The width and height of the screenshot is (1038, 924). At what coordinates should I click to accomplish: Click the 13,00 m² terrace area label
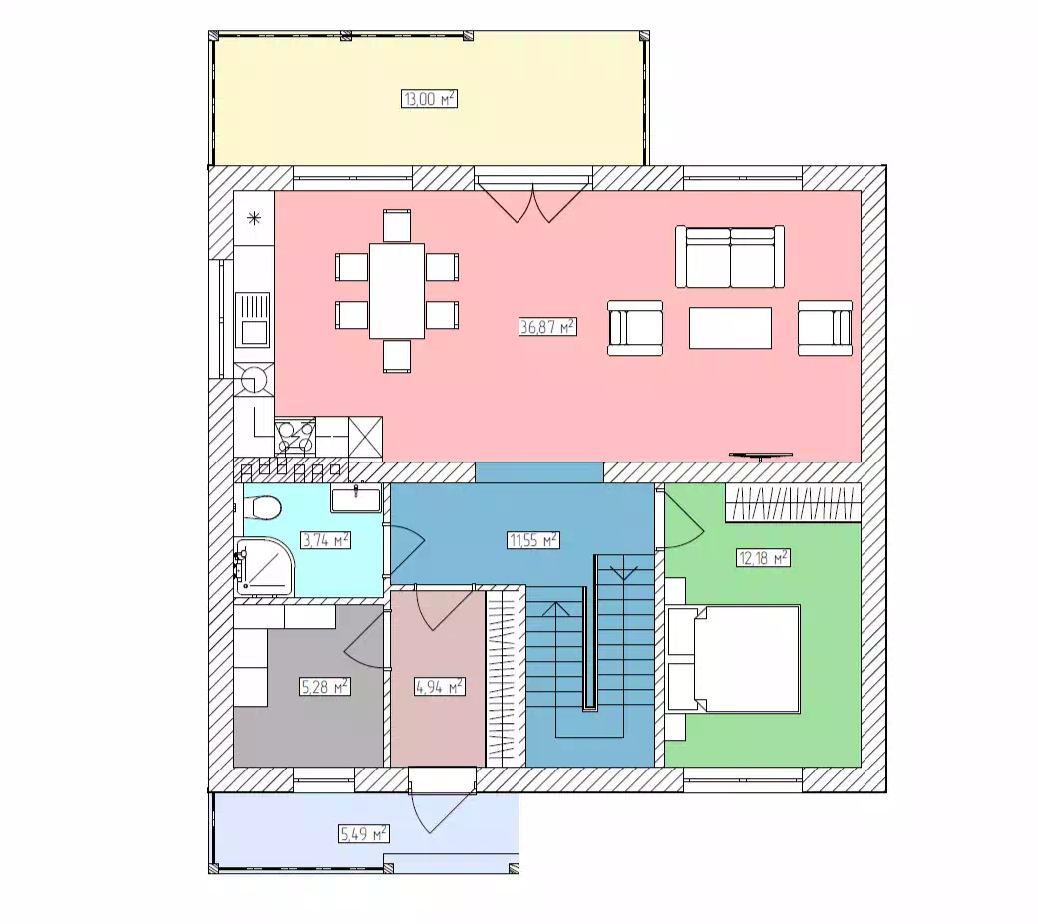pos(429,99)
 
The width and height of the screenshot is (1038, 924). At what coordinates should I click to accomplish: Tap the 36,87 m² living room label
pos(547,326)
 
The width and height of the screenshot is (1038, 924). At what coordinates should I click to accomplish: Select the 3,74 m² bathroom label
pos(325,540)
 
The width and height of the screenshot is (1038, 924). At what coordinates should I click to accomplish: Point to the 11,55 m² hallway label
pos(533,540)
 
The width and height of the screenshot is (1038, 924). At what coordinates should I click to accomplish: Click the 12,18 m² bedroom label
pos(763,557)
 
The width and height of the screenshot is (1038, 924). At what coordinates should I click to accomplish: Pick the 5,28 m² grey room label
pos(324,687)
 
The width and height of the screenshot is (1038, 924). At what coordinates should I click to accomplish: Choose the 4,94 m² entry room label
pos(439,687)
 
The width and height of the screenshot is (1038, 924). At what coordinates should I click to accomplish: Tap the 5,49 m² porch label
pos(363,833)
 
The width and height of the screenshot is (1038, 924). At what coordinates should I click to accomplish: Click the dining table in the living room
pos(397,291)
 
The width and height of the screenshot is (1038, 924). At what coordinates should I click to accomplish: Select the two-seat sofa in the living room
pos(730,257)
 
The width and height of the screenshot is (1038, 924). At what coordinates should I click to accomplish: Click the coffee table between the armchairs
pos(730,328)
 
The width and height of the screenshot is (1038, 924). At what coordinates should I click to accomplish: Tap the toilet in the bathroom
pos(263,508)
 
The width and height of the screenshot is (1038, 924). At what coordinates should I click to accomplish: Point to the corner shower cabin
pos(264,566)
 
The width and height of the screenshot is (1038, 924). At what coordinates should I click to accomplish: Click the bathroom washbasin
pos(356,498)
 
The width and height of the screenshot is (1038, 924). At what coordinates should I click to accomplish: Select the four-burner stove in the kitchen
pos(295,437)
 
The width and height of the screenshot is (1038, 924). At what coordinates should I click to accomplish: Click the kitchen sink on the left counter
pos(253,320)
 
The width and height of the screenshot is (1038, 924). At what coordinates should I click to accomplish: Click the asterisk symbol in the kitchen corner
pos(254,218)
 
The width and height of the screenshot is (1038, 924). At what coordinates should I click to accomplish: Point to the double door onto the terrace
pos(533,200)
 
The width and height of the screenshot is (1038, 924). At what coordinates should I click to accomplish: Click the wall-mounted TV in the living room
pos(761,455)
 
